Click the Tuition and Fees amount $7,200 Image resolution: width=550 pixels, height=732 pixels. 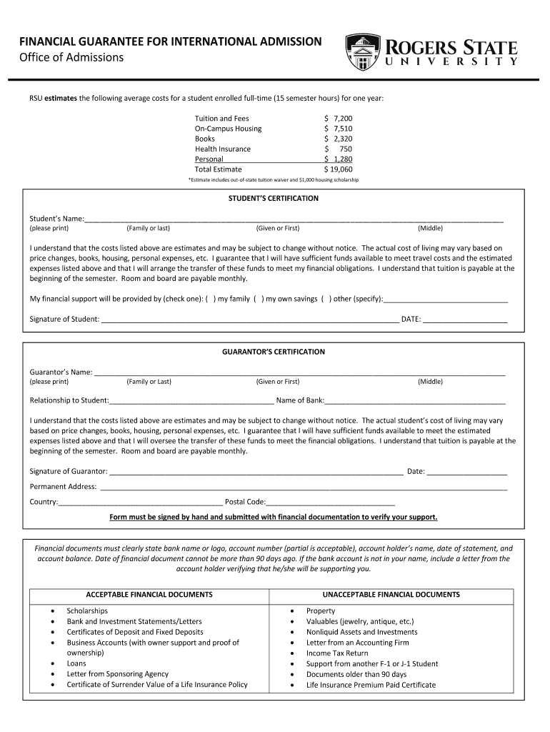coord(339,118)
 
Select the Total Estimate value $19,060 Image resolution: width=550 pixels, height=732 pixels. coord(339,169)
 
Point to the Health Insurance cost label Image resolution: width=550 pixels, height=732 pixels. coord(223,149)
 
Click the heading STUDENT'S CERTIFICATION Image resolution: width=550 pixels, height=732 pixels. coord(274,198)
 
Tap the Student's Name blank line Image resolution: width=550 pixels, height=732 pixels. coord(294,219)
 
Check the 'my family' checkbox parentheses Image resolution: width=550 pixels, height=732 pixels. coord(211,299)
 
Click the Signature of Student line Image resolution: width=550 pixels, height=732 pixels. coord(250,320)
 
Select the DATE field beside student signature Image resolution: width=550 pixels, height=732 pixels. coord(465,320)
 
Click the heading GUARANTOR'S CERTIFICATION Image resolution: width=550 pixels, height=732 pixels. coord(274,352)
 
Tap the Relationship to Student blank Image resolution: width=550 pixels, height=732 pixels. coord(191,401)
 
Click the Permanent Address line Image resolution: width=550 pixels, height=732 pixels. coord(304,488)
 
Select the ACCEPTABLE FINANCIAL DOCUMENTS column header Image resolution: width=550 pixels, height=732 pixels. coord(149,595)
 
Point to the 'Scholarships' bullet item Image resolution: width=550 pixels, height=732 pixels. coord(87,610)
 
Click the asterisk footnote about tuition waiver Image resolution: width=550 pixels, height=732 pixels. coord(274,180)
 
